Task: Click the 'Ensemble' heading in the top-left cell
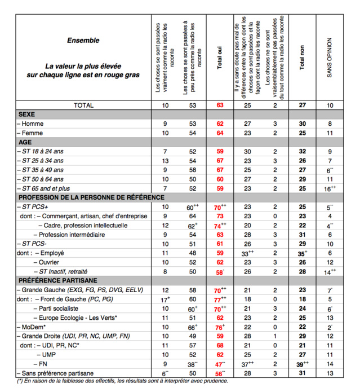point(83,41)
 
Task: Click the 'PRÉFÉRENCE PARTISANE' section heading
point(59,280)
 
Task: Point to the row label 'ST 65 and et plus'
point(51,188)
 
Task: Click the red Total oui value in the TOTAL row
point(220,105)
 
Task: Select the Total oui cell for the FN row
point(220,364)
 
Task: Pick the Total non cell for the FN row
point(303,364)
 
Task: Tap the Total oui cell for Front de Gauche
point(220,299)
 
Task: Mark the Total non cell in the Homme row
point(302,124)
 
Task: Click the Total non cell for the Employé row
point(303,253)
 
